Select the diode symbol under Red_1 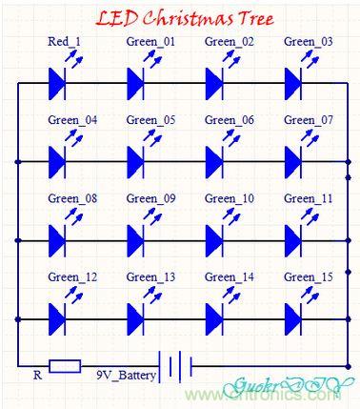(x=57, y=83)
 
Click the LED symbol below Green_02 (x=215, y=83)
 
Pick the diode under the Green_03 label (x=294, y=83)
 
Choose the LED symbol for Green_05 (x=136, y=160)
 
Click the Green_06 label (x=230, y=120)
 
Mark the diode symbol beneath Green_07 (x=294, y=160)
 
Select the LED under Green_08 (x=57, y=238)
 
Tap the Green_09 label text (x=150, y=198)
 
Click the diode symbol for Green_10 (x=215, y=238)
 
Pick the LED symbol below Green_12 (x=57, y=317)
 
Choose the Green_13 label (x=150, y=277)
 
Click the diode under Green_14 (x=215, y=317)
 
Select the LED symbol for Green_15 (x=294, y=317)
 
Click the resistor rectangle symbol (x=64, y=365)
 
